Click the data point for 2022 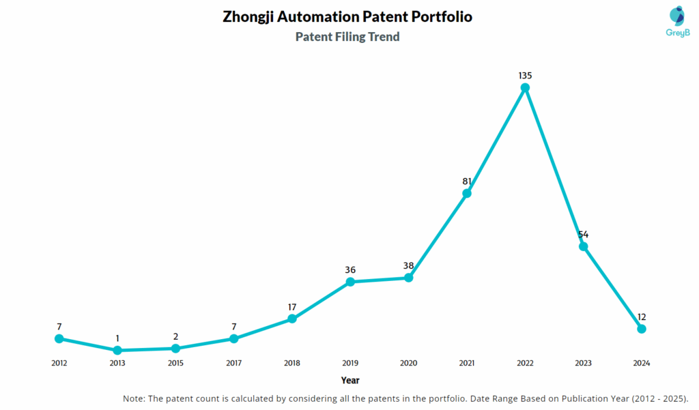525,87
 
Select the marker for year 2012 59,338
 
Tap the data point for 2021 467,193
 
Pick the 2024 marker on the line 642,329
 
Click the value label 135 525,75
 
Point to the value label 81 467,181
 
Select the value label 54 583,234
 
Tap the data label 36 350,269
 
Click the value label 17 291,306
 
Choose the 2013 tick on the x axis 117,364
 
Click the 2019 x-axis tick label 350,364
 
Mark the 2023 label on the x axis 583,364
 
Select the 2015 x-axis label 175,364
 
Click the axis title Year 350,380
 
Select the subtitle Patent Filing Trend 347,37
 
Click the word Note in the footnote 134,398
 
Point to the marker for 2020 408,278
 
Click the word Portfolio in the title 440,16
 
